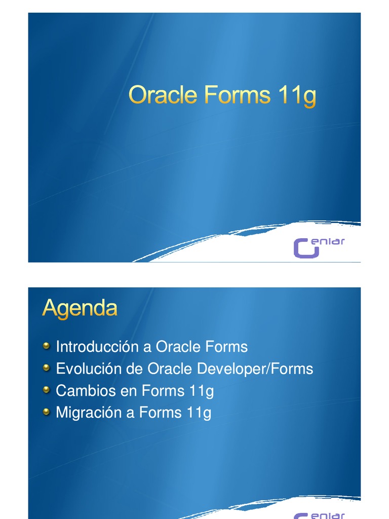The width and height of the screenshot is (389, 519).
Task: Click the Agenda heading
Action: tap(80, 308)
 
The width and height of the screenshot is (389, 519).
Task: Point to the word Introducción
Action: tap(97, 347)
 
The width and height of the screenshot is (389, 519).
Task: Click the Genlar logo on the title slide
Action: tap(319, 246)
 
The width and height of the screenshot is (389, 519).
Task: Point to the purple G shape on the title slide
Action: tap(305, 248)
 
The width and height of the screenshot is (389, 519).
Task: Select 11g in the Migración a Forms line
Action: tap(199, 413)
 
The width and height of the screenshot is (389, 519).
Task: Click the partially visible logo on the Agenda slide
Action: tap(319, 515)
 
